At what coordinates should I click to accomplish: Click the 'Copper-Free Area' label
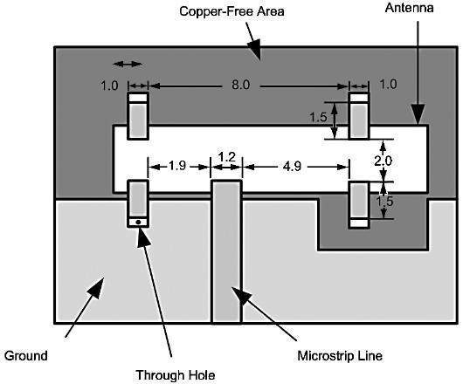point(231,11)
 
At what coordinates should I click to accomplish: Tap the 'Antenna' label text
point(409,8)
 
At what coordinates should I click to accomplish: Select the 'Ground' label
point(26,356)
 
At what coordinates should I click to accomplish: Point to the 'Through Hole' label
point(176,375)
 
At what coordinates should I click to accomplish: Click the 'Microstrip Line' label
point(340,356)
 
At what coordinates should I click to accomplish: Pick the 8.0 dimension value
point(240,85)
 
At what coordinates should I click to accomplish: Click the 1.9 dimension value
point(177,166)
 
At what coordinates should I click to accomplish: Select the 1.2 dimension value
point(227,157)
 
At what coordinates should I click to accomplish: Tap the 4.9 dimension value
point(292,167)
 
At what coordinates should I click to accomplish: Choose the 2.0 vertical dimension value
point(383,161)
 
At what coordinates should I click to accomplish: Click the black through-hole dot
point(138,222)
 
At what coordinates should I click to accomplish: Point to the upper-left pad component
point(138,115)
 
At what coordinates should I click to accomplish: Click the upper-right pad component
point(359,115)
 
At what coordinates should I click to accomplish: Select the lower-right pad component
point(359,205)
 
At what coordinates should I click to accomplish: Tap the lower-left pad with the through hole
point(138,203)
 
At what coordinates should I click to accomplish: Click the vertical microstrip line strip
point(226,252)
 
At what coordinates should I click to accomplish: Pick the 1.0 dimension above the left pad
point(109,86)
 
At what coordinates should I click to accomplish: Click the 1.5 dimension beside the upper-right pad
point(318,118)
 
